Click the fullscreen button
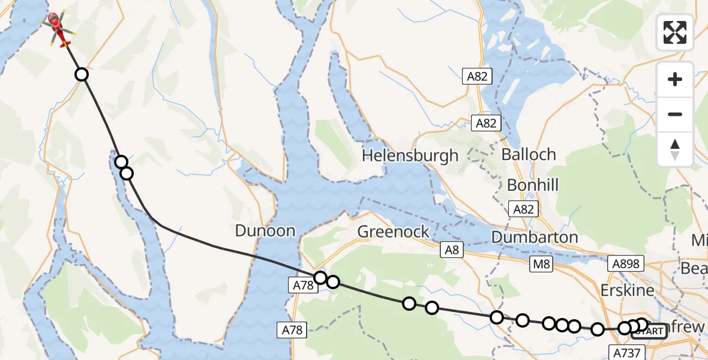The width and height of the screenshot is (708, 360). (x=675, y=32)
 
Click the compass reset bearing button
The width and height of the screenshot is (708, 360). (x=675, y=149)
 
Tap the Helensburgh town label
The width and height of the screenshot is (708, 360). (x=410, y=156)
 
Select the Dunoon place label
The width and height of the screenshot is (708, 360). (x=265, y=231)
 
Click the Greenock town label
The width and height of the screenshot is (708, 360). (x=393, y=232)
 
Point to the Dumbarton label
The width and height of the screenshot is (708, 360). (x=535, y=237)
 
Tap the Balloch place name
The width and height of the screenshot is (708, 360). (x=529, y=154)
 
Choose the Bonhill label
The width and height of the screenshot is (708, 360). (x=533, y=184)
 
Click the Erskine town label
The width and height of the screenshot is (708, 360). (x=627, y=290)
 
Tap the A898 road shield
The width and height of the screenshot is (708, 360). (x=625, y=263)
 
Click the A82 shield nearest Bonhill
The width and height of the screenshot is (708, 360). (x=522, y=209)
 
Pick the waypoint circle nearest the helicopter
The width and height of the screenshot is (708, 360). (x=81, y=74)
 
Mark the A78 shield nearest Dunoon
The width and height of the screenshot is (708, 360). (x=304, y=286)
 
